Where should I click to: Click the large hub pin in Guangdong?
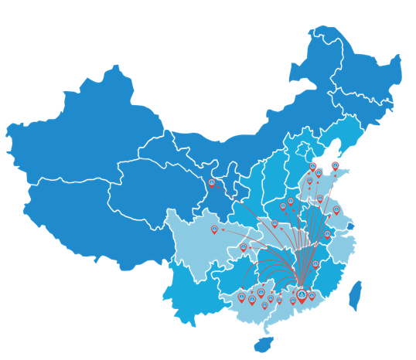pos(302,295)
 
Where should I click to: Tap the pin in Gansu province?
pos(212,183)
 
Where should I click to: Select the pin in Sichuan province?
pos(215,229)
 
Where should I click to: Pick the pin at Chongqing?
pos(244,248)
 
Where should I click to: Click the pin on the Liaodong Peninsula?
pos(335,166)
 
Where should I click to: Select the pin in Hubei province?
pos(274,224)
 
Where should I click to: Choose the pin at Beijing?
pos(312,167)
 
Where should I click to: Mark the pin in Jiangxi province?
pos(315,265)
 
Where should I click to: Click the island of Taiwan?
pos(356,295)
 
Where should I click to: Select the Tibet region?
pos(85,216)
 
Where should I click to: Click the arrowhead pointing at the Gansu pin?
pos(219,187)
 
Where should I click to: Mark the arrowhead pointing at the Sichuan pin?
pos(222,229)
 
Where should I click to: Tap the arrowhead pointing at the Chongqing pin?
pos(250,246)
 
